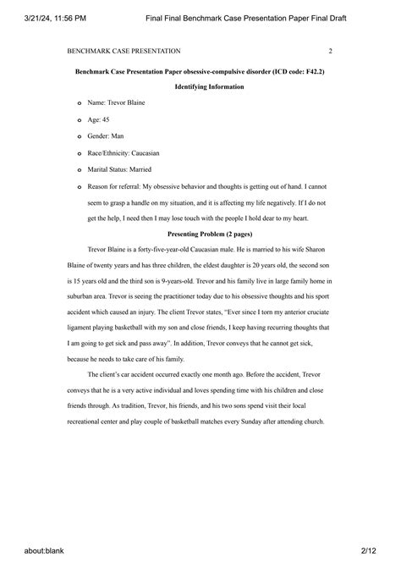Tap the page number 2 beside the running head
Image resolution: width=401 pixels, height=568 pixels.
(330, 51)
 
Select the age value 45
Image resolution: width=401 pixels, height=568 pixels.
(106, 119)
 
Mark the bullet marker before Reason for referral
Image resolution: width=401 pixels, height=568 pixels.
(80, 186)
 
